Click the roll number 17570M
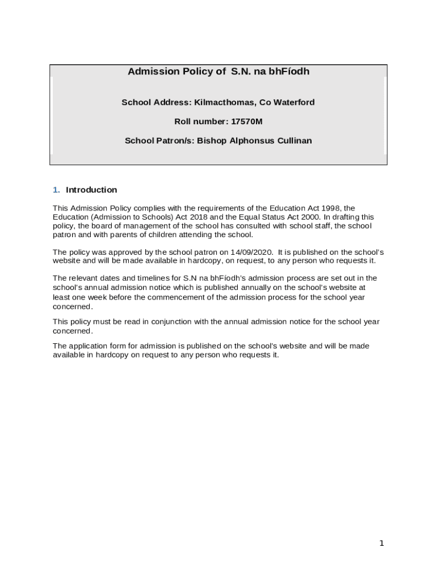click(247, 121)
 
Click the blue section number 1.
click(56, 190)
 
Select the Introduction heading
click(91, 190)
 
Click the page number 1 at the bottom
click(382, 544)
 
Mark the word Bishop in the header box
click(211, 141)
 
